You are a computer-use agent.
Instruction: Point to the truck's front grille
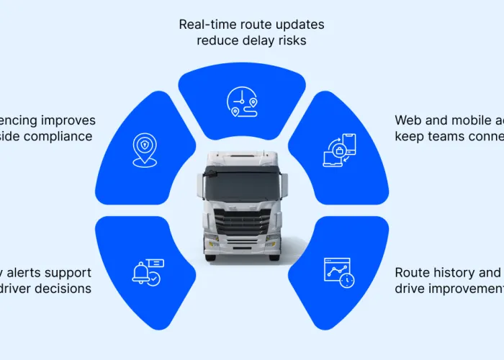click(x=241, y=222)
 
